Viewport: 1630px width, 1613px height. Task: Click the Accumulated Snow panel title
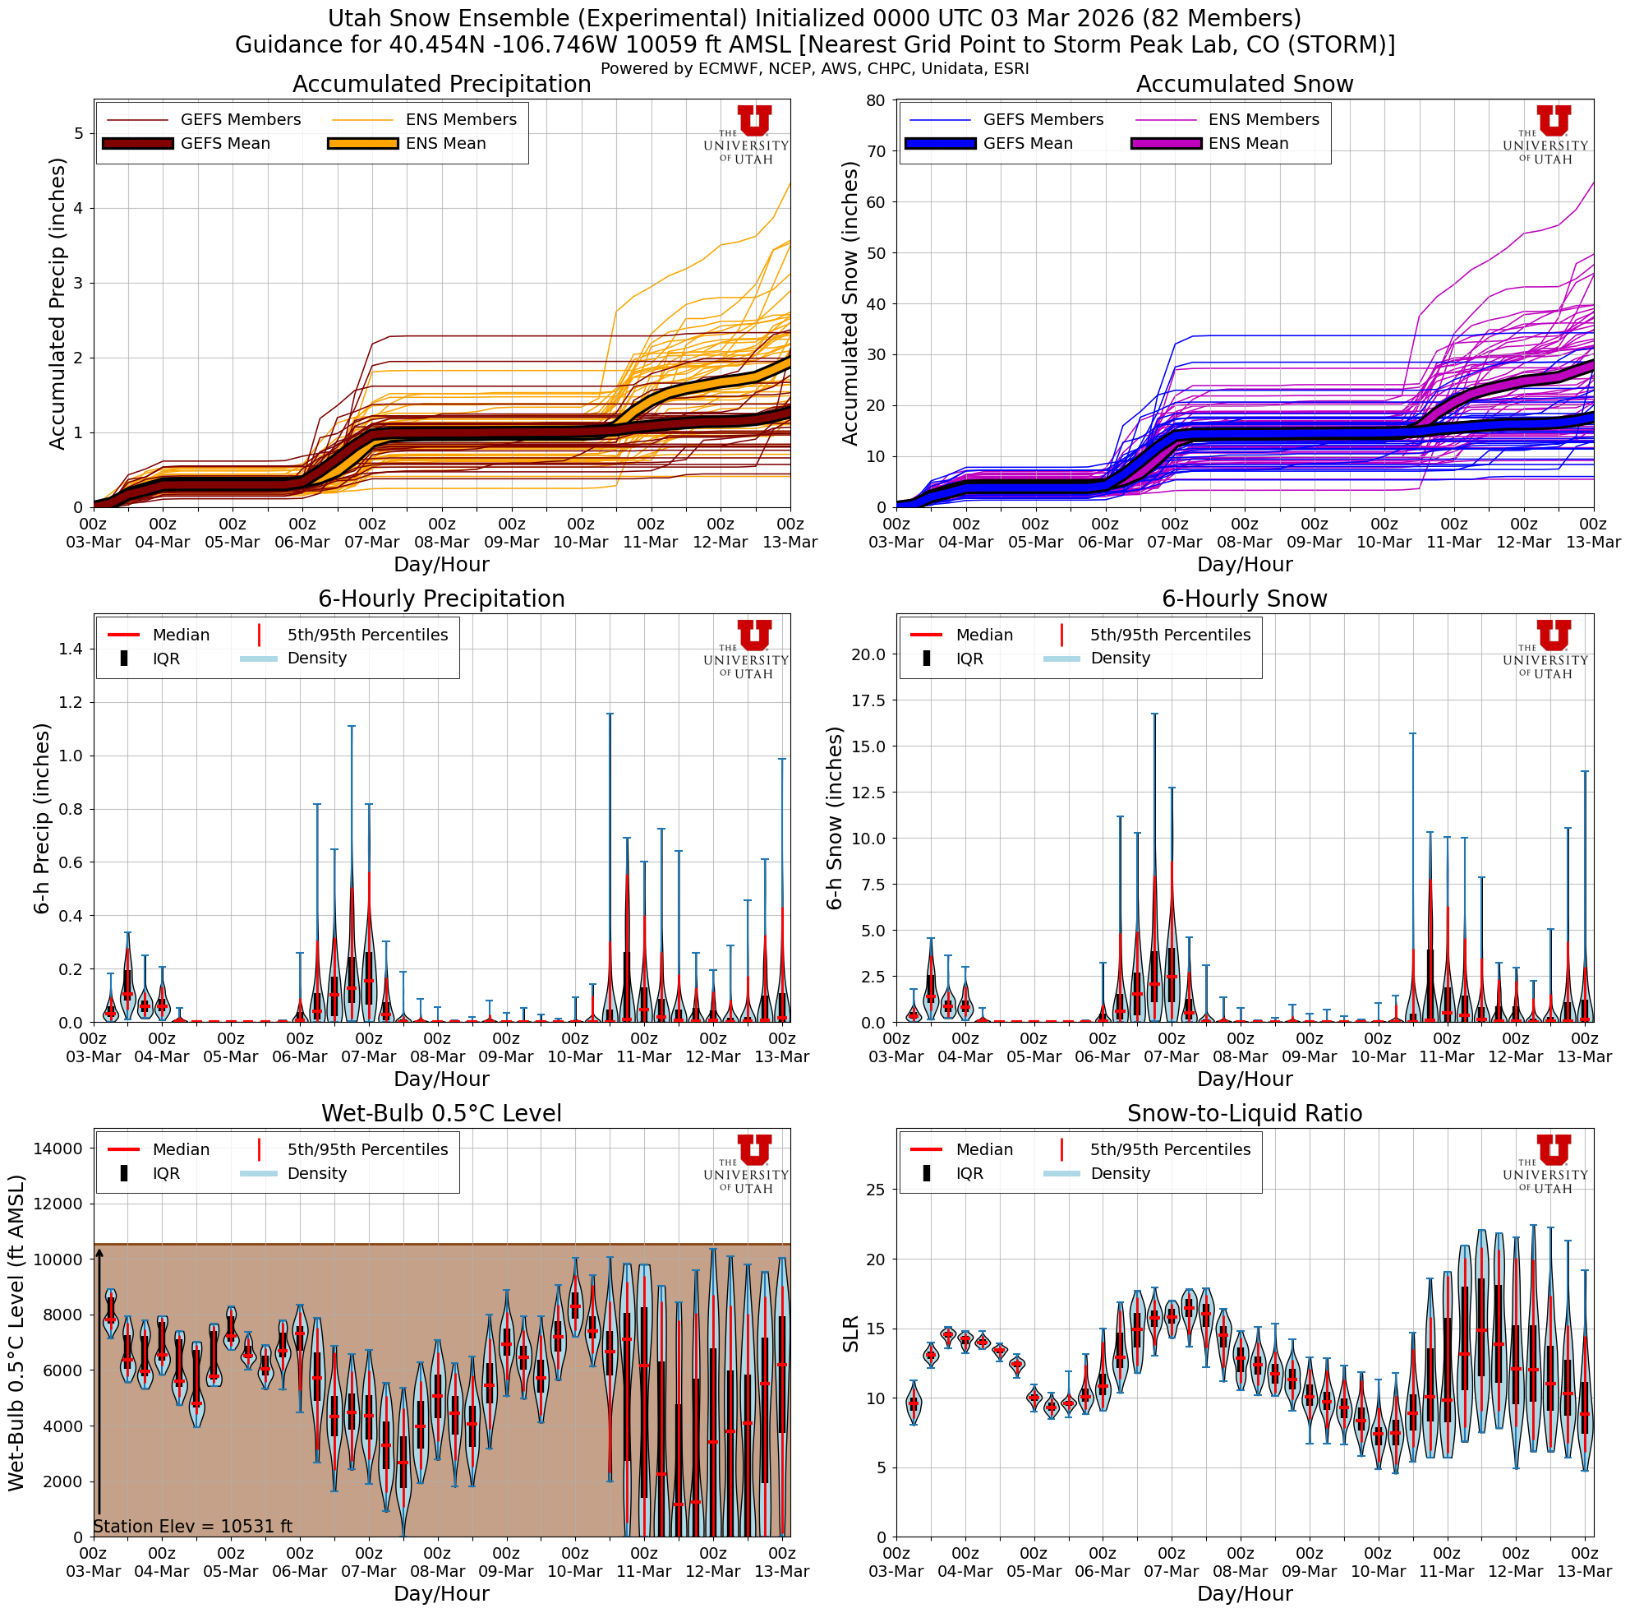pyautogui.click(x=1244, y=85)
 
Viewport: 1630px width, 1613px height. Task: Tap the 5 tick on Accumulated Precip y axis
pyautogui.click(x=77, y=133)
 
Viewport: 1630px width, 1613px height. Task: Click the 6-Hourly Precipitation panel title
pyautogui.click(x=441, y=599)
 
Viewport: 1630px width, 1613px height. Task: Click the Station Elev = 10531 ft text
pyautogui.click(x=192, y=1526)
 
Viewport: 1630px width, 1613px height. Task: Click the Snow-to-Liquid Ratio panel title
pyautogui.click(x=1244, y=1113)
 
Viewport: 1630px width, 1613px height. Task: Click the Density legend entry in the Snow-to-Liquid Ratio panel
pyautogui.click(x=1120, y=1173)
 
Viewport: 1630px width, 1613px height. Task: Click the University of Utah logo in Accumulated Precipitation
pyautogui.click(x=746, y=135)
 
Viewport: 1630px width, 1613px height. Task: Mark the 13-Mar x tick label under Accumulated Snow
pyautogui.click(x=1593, y=542)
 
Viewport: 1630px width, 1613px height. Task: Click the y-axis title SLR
pyautogui.click(x=850, y=1333)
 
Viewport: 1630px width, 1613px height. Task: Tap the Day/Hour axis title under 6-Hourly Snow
pyautogui.click(x=1244, y=1079)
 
